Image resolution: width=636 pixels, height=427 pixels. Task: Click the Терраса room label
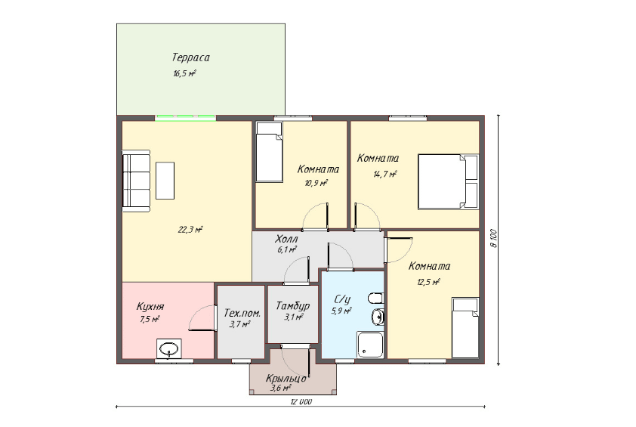[190, 57]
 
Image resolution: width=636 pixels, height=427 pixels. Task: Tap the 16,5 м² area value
[185, 74]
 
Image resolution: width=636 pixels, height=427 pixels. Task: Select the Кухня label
[150, 306]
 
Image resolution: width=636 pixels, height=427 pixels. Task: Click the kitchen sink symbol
[169, 349]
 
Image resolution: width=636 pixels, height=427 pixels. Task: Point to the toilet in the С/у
[376, 299]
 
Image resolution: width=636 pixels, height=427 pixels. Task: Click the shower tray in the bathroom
[370, 345]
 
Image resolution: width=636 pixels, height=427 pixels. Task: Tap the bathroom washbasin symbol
[378, 317]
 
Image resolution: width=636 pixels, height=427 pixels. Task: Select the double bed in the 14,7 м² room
[448, 181]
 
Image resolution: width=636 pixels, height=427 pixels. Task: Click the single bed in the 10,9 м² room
[269, 152]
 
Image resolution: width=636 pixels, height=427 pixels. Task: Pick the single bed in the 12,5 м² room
[465, 328]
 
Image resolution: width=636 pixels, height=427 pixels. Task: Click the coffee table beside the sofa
[165, 181]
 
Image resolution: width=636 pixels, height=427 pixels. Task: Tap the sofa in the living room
[136, 181]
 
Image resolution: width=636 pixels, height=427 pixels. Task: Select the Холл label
[286, 239]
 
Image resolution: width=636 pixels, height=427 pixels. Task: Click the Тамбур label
[293, 305]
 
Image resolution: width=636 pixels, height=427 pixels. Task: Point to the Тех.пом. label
[242, 314]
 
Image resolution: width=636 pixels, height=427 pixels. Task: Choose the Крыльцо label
[286, 379]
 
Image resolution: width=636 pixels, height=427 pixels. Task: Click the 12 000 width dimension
[301, 402]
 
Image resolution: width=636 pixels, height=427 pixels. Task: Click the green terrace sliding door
[185, 118]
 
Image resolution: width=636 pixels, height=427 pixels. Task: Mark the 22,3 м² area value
[190, 230]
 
